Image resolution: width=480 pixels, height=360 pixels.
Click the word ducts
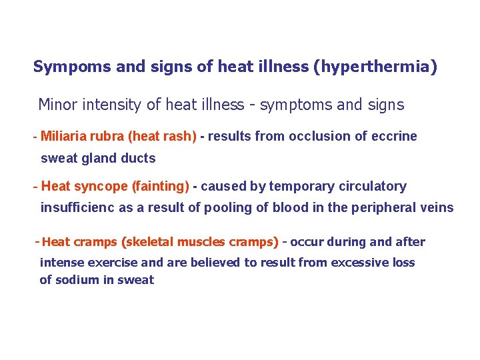[138, 159]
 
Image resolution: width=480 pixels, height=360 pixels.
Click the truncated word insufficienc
[77, 207]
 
